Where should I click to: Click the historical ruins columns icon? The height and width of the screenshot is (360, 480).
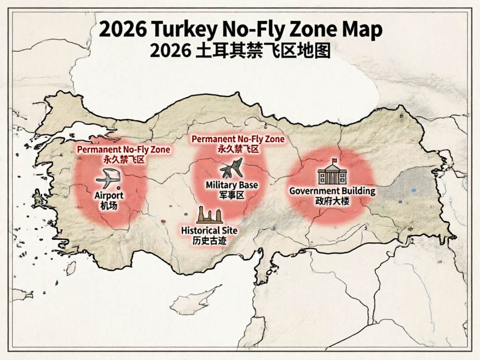point(209,215)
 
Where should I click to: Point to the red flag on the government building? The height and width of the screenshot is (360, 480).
point(334,161)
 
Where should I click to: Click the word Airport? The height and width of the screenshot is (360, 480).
point(109,195)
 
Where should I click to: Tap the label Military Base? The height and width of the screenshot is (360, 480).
point(232,185)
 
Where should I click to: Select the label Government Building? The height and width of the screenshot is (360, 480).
point(332,191)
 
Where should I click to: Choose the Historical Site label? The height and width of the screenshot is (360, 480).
point(209,231)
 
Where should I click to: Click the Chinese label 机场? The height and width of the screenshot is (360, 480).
point(109,205)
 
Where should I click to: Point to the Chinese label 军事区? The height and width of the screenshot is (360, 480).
point(232,195)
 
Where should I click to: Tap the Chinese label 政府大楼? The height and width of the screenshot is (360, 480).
point(332,201)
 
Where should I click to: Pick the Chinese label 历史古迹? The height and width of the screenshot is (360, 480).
point(209,240)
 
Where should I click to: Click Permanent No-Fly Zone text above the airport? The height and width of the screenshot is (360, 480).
point(123,150)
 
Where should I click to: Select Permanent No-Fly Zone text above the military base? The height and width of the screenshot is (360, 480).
point(238,139)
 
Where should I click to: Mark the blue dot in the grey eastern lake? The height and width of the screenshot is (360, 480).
point(413,190)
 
